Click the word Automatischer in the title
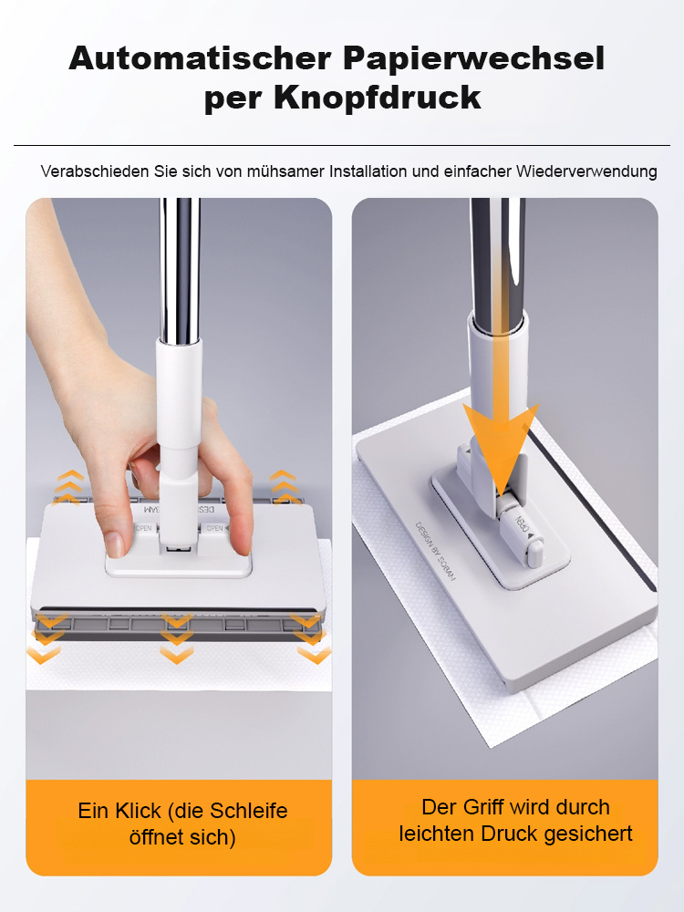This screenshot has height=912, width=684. (199, 58)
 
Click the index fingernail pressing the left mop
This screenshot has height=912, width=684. (115, 544)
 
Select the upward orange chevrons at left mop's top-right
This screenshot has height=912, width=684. (284, 484)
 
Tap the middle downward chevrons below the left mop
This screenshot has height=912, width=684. (177, 638)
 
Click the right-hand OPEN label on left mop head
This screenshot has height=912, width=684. (215, 528)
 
